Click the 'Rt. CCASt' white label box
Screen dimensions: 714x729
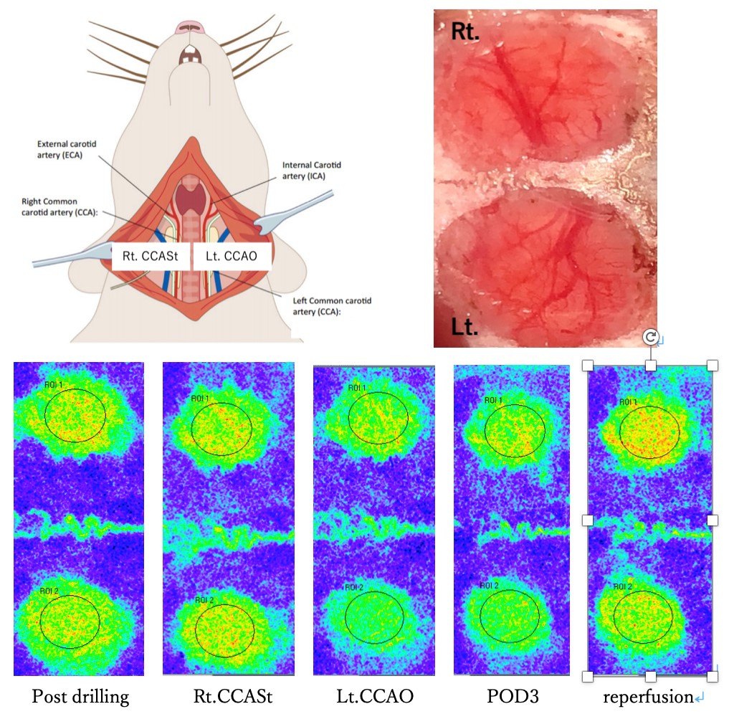coord(149,257)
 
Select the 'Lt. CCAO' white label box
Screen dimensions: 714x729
coord(232,257)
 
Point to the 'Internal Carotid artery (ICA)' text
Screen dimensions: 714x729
coord(311,170)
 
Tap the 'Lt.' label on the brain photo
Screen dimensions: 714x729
coord(464,326)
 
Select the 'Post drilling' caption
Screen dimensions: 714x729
coord(80,696)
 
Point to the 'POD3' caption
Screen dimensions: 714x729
coord(510,696)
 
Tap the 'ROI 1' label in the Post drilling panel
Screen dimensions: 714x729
coord(53,385)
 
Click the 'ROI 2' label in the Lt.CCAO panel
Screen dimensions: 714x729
coord(354,588)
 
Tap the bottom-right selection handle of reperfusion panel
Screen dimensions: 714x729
coord(713,676)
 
